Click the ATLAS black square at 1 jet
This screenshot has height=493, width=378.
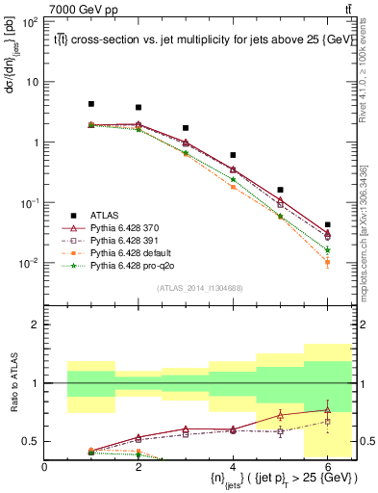91,104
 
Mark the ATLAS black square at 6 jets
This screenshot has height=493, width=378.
327,224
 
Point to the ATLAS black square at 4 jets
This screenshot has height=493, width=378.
233,155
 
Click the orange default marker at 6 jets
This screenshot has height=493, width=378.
327,262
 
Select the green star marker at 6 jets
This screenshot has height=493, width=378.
327,250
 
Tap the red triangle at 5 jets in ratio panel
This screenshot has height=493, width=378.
280,415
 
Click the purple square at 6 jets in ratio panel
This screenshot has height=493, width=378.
327,422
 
